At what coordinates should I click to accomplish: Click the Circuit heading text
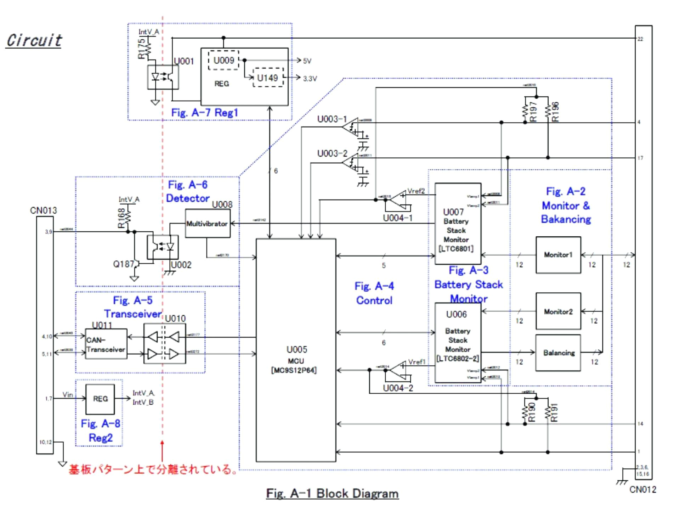34,40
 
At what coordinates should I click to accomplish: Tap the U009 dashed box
223,60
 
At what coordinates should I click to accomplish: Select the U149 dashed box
268,78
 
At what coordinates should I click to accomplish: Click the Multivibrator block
208,224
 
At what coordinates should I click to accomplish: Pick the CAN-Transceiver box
106,344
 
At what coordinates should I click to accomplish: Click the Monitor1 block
558,255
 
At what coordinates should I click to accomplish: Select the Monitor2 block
558,311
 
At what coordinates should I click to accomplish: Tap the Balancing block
558,353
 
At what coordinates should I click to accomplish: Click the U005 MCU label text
296,355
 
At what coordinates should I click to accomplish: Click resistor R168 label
121,218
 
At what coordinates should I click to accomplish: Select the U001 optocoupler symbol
163,77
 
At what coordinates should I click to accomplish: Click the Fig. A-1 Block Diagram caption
332,493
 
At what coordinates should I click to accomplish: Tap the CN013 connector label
43,210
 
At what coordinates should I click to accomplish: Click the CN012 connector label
642,489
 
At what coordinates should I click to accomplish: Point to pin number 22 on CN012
640,39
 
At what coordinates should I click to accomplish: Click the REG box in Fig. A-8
100,399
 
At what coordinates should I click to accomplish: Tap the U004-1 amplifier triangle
398,200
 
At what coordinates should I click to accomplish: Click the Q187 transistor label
123,264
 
